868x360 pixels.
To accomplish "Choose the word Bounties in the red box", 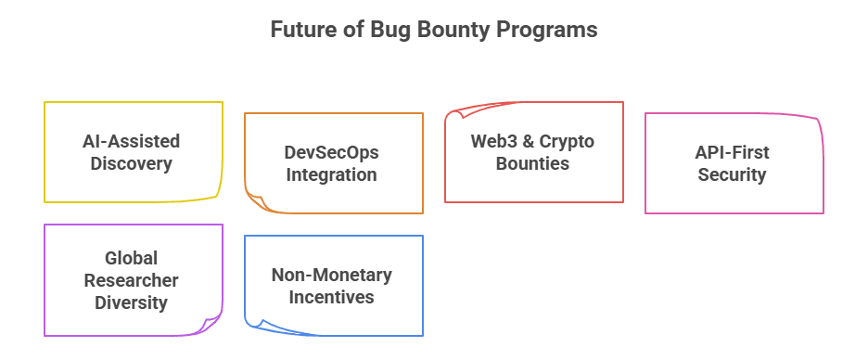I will click(x=532, y=164).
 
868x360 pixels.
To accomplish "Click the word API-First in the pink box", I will click(x=733, y=152).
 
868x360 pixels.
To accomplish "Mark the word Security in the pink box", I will click(x=733, y=174).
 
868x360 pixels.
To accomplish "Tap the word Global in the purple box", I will click(x=133, y=258).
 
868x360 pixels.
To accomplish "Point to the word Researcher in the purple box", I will click(x=133, y=280).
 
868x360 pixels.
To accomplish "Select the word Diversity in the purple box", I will click(x=133, y=302).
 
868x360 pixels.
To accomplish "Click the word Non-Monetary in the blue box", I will click(x=332, y=276).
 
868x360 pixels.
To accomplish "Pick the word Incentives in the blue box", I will click(x=332, y=298).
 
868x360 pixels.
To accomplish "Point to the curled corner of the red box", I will click(x=456, y=115).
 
